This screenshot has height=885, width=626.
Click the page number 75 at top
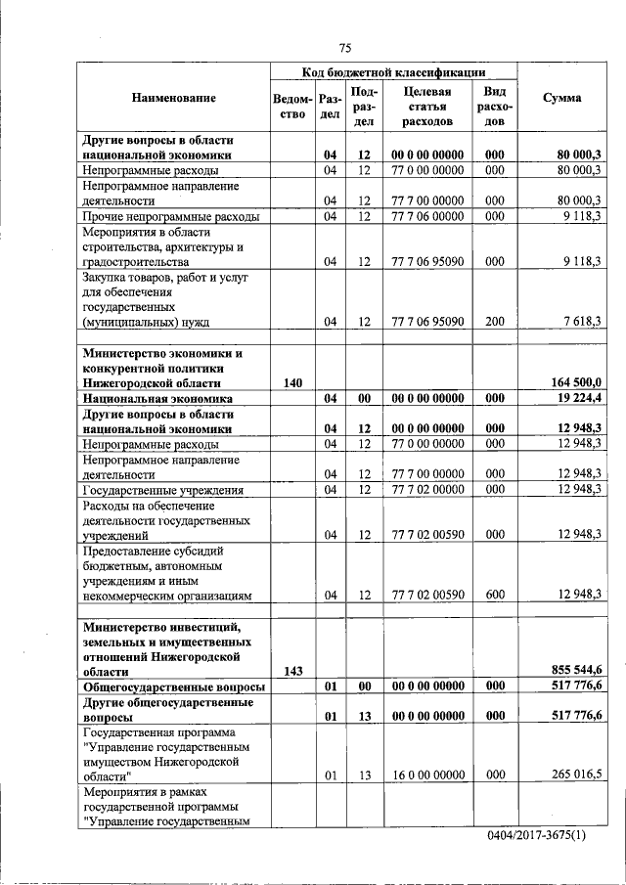pos(344,48)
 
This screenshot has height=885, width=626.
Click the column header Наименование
pos(174,98)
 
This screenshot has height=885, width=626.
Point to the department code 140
pos(292,383)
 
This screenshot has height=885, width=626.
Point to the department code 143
pos(292,671)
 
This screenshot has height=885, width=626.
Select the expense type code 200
pos(494,321)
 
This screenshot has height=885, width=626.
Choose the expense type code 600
pos(494,595)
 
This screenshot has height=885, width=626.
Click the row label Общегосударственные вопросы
pos(173,687)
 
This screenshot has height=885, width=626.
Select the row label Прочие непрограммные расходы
pos(171,216)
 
